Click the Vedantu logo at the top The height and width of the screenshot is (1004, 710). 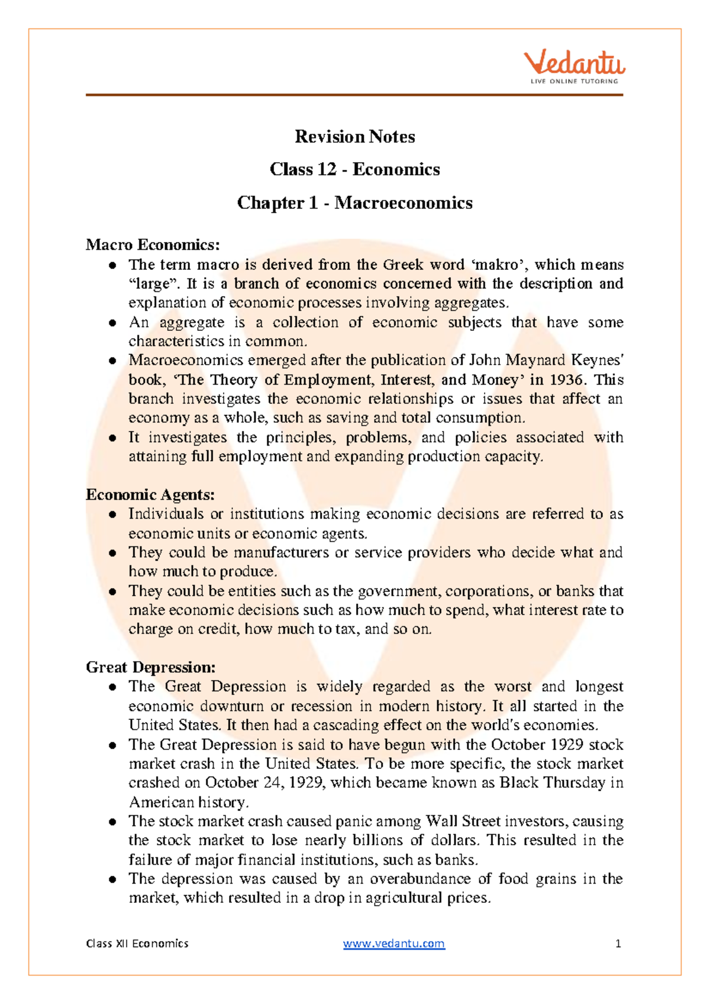pos(573,66)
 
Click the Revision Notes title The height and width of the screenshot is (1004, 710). pos(355,137)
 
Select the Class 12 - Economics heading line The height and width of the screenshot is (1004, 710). pos(355,169)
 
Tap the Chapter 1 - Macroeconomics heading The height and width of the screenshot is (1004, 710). pos(355,202)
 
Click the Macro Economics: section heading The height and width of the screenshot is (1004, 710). pos(153,244)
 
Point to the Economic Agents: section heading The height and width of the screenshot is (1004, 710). pos(150,494)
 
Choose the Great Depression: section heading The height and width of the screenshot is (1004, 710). pos(150,667)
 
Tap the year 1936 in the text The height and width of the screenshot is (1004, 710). pos(566,379)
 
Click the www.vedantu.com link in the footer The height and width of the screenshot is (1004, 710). pos(393,943)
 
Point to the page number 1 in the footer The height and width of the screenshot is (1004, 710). pos(618,943)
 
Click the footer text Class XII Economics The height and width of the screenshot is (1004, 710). pos(137,943)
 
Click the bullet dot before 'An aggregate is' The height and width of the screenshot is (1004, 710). pos(112,323)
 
